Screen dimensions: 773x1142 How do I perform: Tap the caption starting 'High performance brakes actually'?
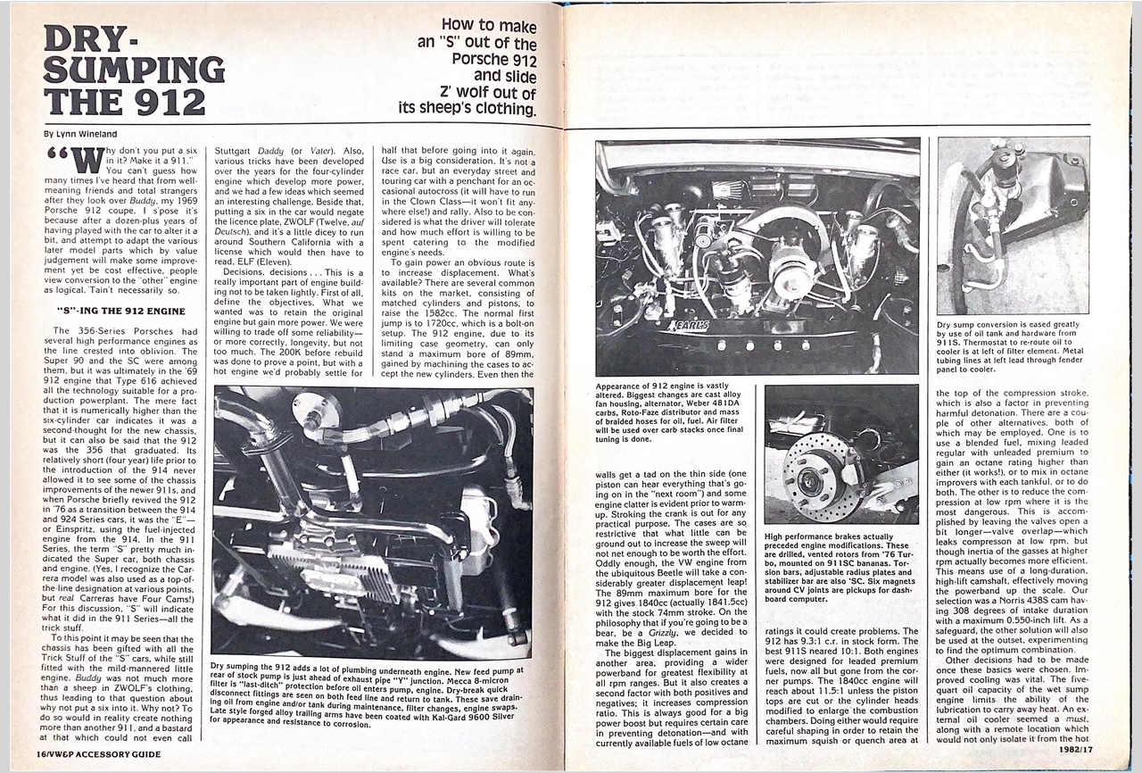(838, 572)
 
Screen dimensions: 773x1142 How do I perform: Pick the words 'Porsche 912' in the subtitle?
(492, 60)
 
